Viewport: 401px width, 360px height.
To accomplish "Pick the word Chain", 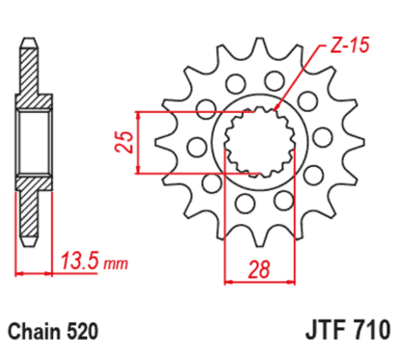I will (x=36, y=333).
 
